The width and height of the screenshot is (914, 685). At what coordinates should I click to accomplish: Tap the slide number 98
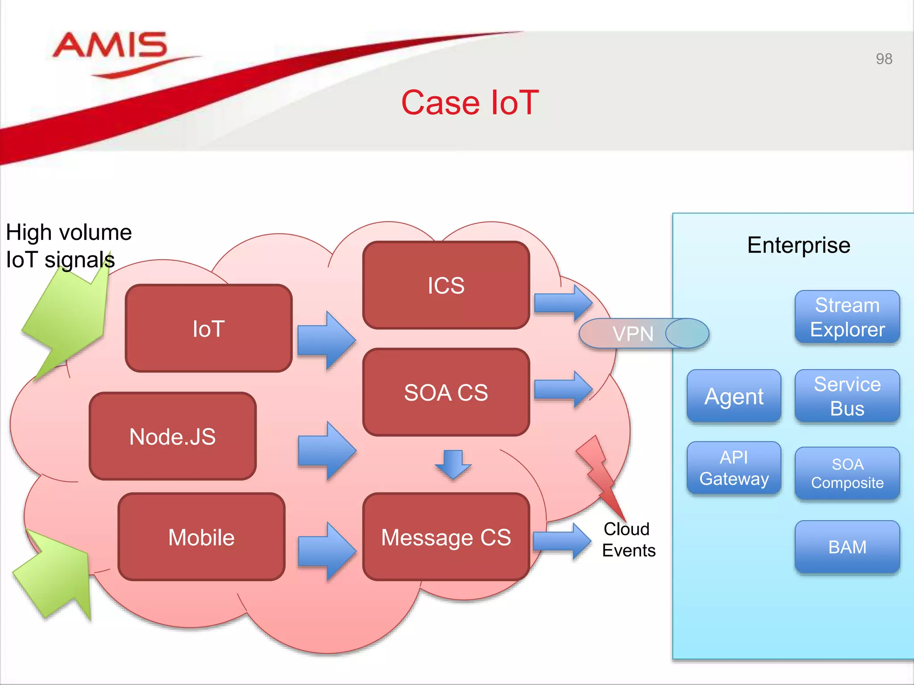point(884,59)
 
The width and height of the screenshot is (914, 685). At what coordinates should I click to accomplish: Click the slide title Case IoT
point(470,103)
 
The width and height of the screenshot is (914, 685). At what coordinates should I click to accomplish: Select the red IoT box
point(208,329)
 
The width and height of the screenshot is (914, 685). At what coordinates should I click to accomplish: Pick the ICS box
point(446,285)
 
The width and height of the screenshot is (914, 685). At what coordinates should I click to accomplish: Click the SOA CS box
point(446,392)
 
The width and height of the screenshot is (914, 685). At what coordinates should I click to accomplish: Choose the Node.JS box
point(173,437)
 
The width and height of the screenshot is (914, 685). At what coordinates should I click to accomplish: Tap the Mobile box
point(201,537)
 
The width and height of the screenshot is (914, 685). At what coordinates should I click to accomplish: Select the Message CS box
point(446,537)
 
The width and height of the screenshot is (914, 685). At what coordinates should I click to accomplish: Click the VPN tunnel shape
point(643,334)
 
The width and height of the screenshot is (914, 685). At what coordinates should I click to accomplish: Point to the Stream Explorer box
point(847,317)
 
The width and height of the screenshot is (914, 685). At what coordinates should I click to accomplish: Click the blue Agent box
point(734,396)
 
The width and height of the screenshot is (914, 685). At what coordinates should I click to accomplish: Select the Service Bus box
point(847,396)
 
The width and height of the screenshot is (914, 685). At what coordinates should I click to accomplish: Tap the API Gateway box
point(734,468)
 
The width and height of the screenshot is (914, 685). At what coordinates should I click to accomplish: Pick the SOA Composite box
point(847,473)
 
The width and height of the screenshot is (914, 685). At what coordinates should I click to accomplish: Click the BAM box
point(847,547)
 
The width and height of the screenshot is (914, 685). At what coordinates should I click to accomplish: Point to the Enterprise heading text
point(798,245)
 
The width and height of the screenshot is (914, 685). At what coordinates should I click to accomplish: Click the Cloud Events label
point(628,540)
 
